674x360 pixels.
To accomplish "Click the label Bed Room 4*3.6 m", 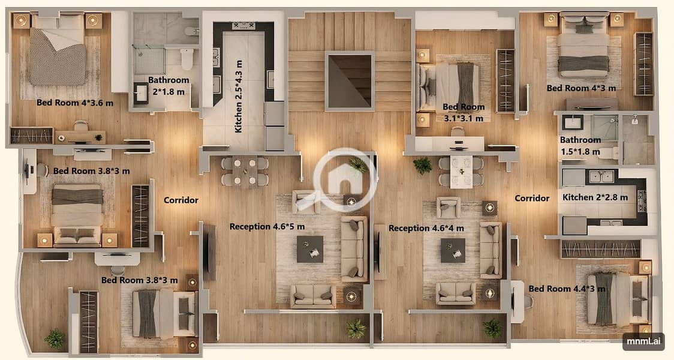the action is click(75, 103).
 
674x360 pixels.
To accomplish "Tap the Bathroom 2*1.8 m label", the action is click(168, 86).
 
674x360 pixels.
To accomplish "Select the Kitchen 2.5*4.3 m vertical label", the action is click(239, 97).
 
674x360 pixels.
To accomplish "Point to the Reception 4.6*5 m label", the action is click(267, 226).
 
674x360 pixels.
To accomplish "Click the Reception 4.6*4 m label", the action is click(426, 228).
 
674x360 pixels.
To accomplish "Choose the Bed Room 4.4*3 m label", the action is click(567, 289).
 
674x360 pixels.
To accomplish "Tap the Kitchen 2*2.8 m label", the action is click(595, 197).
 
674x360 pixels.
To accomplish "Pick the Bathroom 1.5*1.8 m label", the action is click(580, 145).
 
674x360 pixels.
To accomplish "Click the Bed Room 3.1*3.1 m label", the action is click(464, 112).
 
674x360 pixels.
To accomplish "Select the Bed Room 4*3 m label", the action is click(581, 88).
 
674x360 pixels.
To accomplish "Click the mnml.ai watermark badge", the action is click(643, 341).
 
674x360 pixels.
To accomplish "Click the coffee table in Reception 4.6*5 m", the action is click(310, 249).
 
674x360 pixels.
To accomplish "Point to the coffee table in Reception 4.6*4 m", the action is click(453, 250).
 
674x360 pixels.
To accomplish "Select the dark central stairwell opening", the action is click(350, 81).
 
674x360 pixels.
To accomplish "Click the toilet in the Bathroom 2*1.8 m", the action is click(187, 59).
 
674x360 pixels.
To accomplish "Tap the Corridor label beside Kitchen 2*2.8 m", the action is click(532, 198).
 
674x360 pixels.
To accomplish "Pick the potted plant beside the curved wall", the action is click(55, 339).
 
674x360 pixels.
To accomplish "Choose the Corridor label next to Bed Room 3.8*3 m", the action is click(181, 200).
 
